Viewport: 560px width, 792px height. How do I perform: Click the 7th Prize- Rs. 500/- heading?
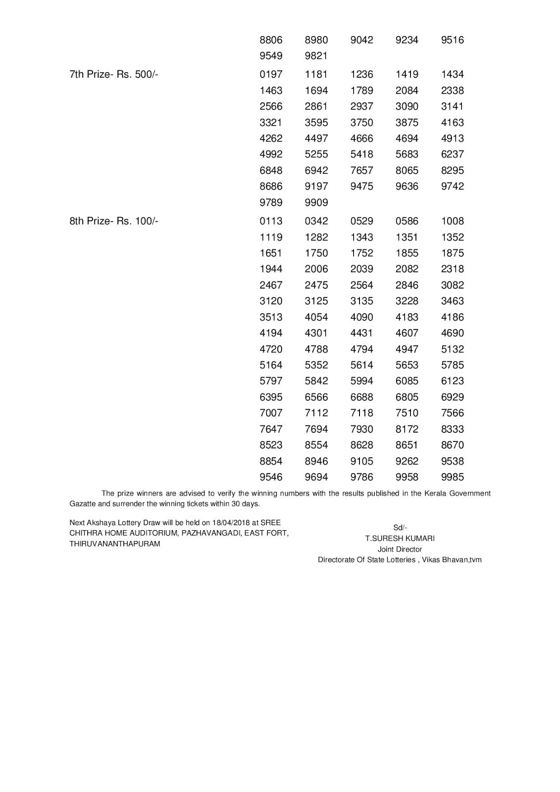[x=114, y=75]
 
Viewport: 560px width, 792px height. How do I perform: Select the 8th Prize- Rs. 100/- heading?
[x=114, y=221]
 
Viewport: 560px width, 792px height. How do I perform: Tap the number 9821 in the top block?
[x=316, y=56]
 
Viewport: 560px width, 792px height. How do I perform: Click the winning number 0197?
[x=271, y=75]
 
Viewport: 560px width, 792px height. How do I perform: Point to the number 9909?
[x=316, y=202]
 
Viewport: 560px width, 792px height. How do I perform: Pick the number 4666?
[x=361, y=139]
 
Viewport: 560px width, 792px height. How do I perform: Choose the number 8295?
[x=453, y=170]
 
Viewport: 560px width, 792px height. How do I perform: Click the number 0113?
[x=271, y=221]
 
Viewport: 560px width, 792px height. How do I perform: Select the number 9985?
[x=453, y=477]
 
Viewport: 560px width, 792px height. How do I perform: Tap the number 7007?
[x=271, y=413]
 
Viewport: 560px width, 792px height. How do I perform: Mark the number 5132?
[x=453, y=349]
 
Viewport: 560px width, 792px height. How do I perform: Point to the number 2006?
[x=316, y=269]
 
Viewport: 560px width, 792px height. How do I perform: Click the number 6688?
[x=361, y=397]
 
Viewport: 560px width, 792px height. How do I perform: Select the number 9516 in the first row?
[x=453, y=40]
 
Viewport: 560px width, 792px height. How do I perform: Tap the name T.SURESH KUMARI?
[x=400, y=539]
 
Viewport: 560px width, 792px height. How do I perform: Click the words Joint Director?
[x=400, y=549]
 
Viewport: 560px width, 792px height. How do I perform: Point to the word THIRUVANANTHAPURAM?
[x=115, y=544]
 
